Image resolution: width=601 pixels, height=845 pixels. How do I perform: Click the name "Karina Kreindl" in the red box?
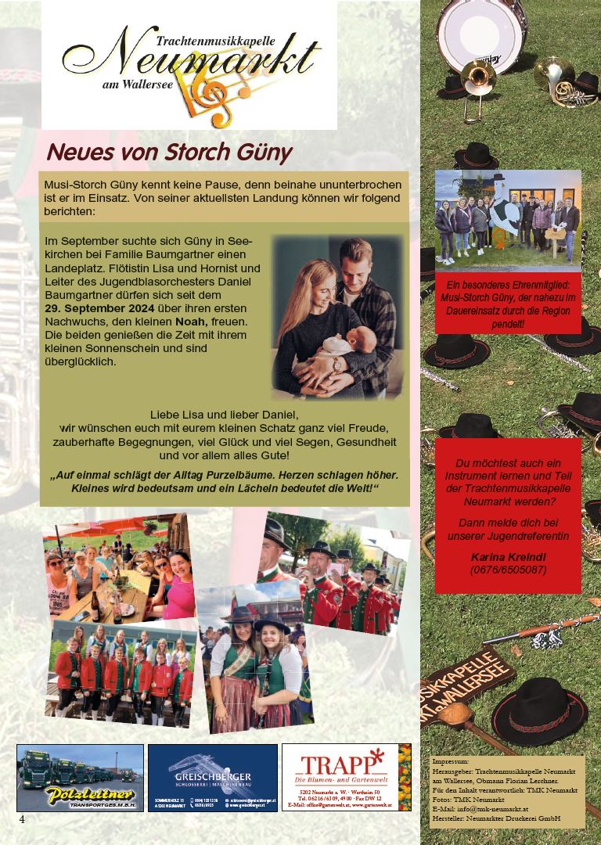(x=506, y=556)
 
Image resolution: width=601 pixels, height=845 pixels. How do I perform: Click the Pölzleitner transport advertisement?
(x=80, y=777)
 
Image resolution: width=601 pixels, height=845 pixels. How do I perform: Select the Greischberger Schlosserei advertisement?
(x=213, y=777)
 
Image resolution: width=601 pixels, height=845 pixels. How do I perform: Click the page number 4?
(x=22, y=818)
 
